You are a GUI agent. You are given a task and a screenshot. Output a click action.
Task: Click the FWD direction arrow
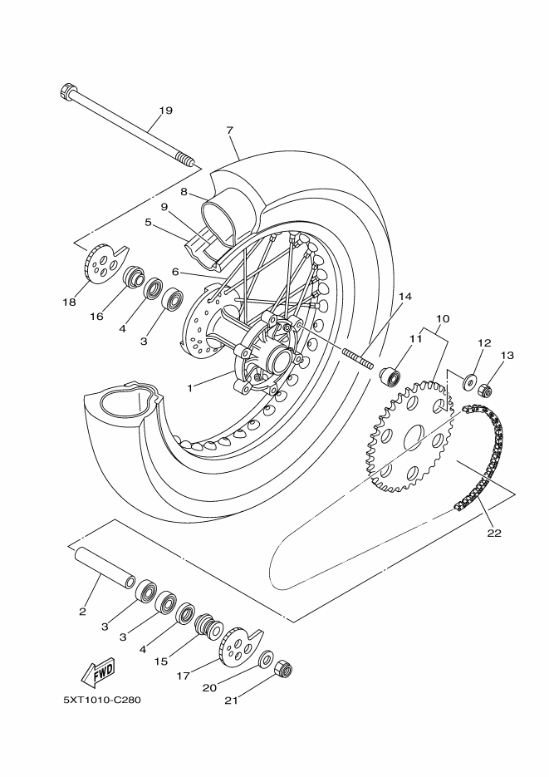click(97, 672)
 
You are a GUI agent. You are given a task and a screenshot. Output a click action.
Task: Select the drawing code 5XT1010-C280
click(102, 701)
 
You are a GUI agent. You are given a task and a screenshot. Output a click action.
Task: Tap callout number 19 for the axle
click(165, 110)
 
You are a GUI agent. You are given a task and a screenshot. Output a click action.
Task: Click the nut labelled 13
click(485, 391)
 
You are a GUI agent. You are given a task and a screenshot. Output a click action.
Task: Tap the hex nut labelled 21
click(282, 669)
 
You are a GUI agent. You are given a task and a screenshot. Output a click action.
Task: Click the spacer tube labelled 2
click(105, 568)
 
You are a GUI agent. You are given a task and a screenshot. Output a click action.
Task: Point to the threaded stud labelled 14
click(357, 359)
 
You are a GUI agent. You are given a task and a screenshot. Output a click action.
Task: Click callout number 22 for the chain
click(494, 534)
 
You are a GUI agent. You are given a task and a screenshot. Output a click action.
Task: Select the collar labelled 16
click(133, 277)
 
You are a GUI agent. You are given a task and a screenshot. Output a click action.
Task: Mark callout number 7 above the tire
click(229, 130)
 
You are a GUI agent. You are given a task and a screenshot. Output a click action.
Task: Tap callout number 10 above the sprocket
click(443, 318)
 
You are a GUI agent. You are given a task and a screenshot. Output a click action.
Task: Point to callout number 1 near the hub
click(189, 389)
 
